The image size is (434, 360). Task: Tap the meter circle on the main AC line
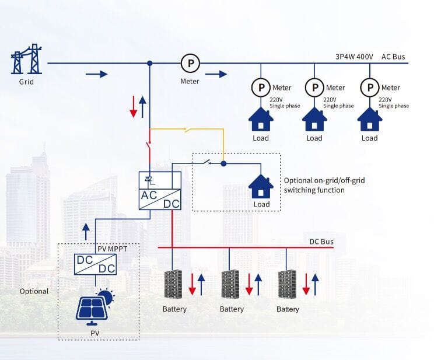pyautogui.click(x=190, y=62)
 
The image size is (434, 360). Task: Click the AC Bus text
pyautogui.click(x=393, y=57)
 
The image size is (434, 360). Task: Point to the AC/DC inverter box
pyautogui.click(x=159, y=191)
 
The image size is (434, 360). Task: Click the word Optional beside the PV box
pyautogui.click(x=34, y=291)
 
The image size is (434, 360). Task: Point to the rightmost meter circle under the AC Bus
pyautogui.click(x=369, y=88)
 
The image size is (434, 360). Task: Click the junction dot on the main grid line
pyautogui.click(x=150, y=63)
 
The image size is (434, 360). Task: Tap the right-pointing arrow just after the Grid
pyautogui.click(x=97, y=74)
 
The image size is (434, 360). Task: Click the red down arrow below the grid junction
pyautogui.click(x=134, y=106)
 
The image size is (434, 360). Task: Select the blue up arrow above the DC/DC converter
pyautogui.click(x=86, y=231)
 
